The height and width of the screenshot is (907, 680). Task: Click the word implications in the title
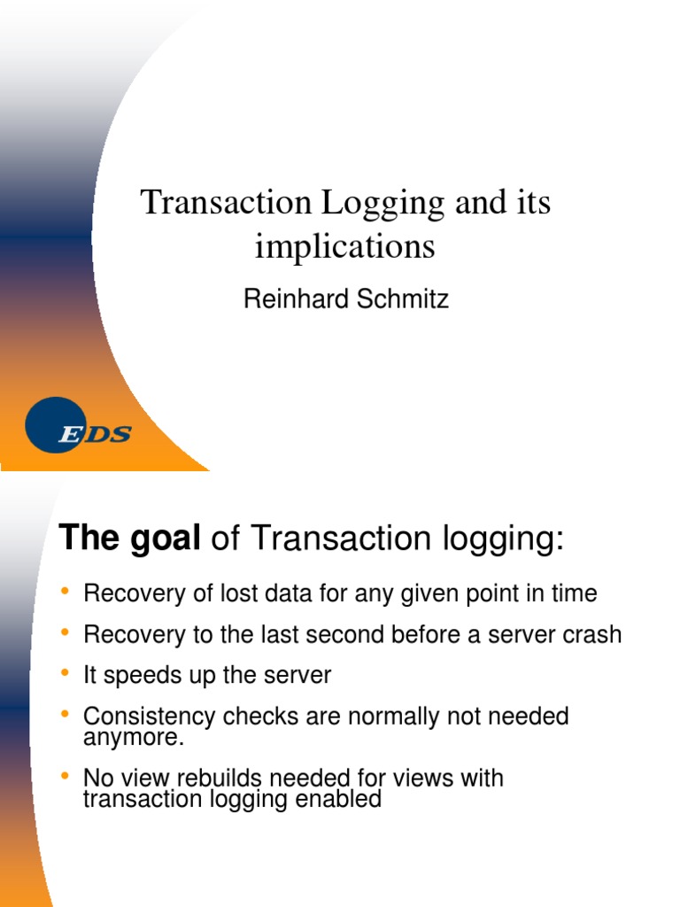pos(345,246)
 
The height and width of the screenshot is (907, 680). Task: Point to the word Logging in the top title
pos(382,204)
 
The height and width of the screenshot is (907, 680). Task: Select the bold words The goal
pos(129,538)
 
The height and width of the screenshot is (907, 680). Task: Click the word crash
pos(592,634)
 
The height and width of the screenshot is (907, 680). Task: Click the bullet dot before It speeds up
pos(65,674)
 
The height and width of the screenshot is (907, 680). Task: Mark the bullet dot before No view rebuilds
pos(65,777)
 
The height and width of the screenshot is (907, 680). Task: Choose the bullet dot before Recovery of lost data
pos(65,592)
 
